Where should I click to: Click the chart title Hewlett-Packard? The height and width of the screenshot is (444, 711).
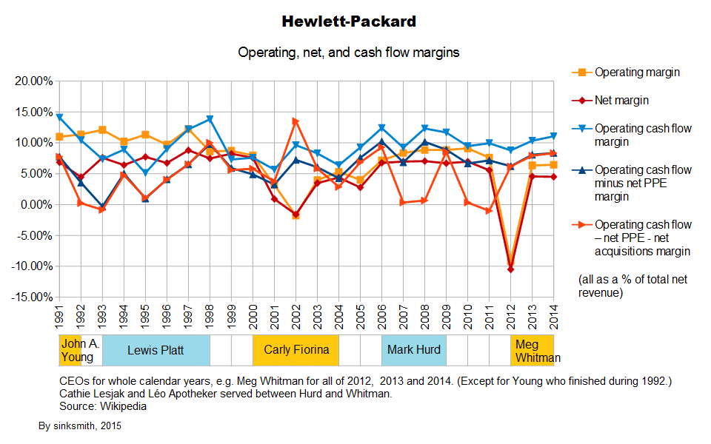(x=349, y=21)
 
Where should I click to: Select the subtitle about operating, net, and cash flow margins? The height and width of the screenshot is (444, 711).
(x=349, y=53)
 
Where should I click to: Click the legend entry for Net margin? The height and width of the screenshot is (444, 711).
(x=622, y=100)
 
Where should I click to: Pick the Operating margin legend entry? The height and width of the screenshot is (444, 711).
(x=637, y=73)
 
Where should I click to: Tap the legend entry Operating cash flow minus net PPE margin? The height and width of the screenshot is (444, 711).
(x=643, y=184)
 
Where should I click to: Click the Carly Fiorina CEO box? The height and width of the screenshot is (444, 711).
(x=296, y=350)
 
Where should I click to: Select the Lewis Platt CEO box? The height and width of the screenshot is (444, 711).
(x=156, y=350)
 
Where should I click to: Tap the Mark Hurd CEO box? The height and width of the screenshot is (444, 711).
(x=414, y=350)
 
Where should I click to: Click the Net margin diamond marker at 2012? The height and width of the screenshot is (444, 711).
(x=511, y=269)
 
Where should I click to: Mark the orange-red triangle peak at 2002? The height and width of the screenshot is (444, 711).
(x=296, y=121)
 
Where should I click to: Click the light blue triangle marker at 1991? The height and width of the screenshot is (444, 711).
(x=59, y=118)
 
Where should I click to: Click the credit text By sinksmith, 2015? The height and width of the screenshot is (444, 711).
(x=80, y=426)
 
